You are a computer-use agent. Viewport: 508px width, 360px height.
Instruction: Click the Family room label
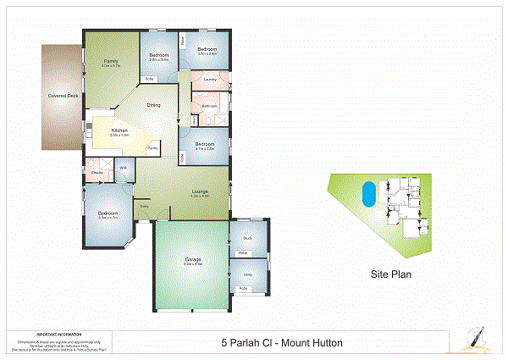tap(110, 61)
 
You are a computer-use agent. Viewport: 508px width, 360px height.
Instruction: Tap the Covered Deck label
tap(63, 96)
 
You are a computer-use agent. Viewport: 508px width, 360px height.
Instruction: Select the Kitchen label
tap(119, 130)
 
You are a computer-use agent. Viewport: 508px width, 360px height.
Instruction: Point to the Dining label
tap(153, 105)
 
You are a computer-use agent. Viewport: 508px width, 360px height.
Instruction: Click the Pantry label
tap(152, 148)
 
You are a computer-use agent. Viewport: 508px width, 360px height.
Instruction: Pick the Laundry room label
tap(211, 80)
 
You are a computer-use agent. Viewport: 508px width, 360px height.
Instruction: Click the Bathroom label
tap(209, 106)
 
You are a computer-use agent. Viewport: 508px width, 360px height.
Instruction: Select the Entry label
tap(145, 206)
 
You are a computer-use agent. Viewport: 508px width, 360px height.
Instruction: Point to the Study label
tap(247, 238)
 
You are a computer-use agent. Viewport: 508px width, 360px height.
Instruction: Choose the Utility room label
tap(248, 274)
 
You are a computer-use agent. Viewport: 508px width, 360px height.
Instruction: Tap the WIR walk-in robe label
tap(123, 168)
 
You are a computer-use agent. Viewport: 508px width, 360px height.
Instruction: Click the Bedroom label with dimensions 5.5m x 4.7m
tap(107, 213)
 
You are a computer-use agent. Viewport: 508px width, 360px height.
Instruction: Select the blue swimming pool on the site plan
tap(367, 194)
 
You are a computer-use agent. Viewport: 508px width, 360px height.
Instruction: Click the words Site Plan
tap(390, 275)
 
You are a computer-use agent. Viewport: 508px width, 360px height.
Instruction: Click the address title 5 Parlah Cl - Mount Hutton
tap(282, 343)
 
